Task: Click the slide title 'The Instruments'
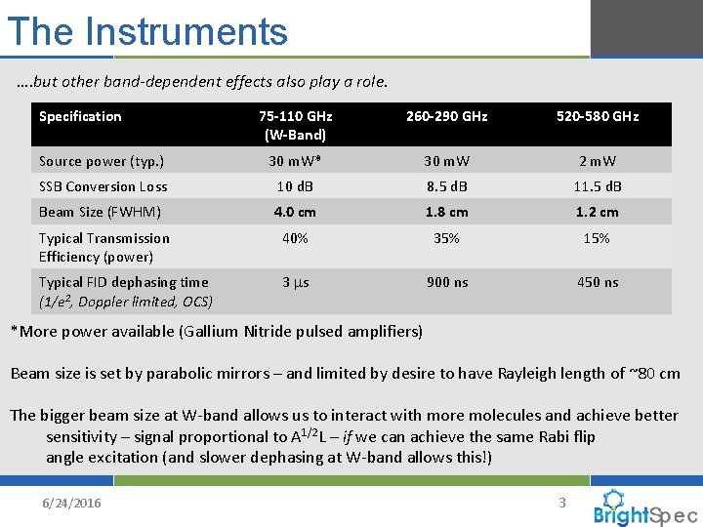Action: [147, 31]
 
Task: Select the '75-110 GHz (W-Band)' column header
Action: [295, 125]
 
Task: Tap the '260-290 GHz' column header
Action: [446, 116]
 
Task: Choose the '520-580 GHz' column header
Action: [597, 116]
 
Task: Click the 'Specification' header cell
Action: [80, 116]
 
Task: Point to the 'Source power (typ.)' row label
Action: [102, 161]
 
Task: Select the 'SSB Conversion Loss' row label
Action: [103, 186]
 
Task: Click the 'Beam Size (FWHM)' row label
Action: [100, 212]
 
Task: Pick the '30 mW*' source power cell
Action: [295, 161]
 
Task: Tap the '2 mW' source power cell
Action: [597, 161]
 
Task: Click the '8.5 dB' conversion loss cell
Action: [446, 186]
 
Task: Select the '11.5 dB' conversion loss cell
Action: [597, 186]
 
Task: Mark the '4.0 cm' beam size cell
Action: [295, 212]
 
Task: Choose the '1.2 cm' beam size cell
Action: [597, 212]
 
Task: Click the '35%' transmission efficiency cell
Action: [446, 238]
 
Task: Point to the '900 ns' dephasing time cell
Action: [446, 282]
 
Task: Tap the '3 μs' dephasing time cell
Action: [295, 282]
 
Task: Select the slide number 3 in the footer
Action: [561, 503]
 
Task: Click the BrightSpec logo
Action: [644, 508]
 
